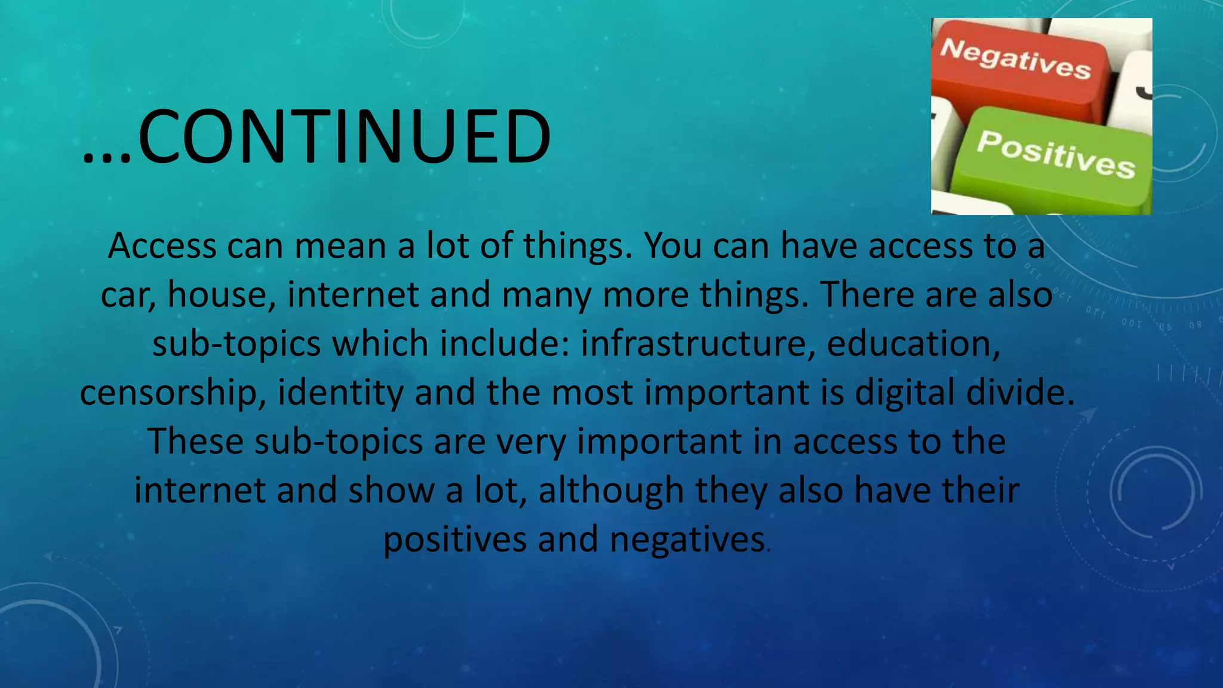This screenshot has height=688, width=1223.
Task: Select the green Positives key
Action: tap(1054, 155)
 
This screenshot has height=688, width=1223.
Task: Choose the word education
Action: tap(913, 343)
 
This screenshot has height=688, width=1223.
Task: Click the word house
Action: tap(222, 294)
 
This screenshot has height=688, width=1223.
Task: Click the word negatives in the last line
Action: tap(687, 540)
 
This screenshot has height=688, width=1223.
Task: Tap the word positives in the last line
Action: tap(454, 540)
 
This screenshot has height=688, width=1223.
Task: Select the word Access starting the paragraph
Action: tap(162, 245)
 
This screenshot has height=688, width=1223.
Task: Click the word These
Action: tap(195, 441)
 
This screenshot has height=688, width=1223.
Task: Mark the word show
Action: tap(391, 490)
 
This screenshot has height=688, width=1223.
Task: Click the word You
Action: tap(672, 245)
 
